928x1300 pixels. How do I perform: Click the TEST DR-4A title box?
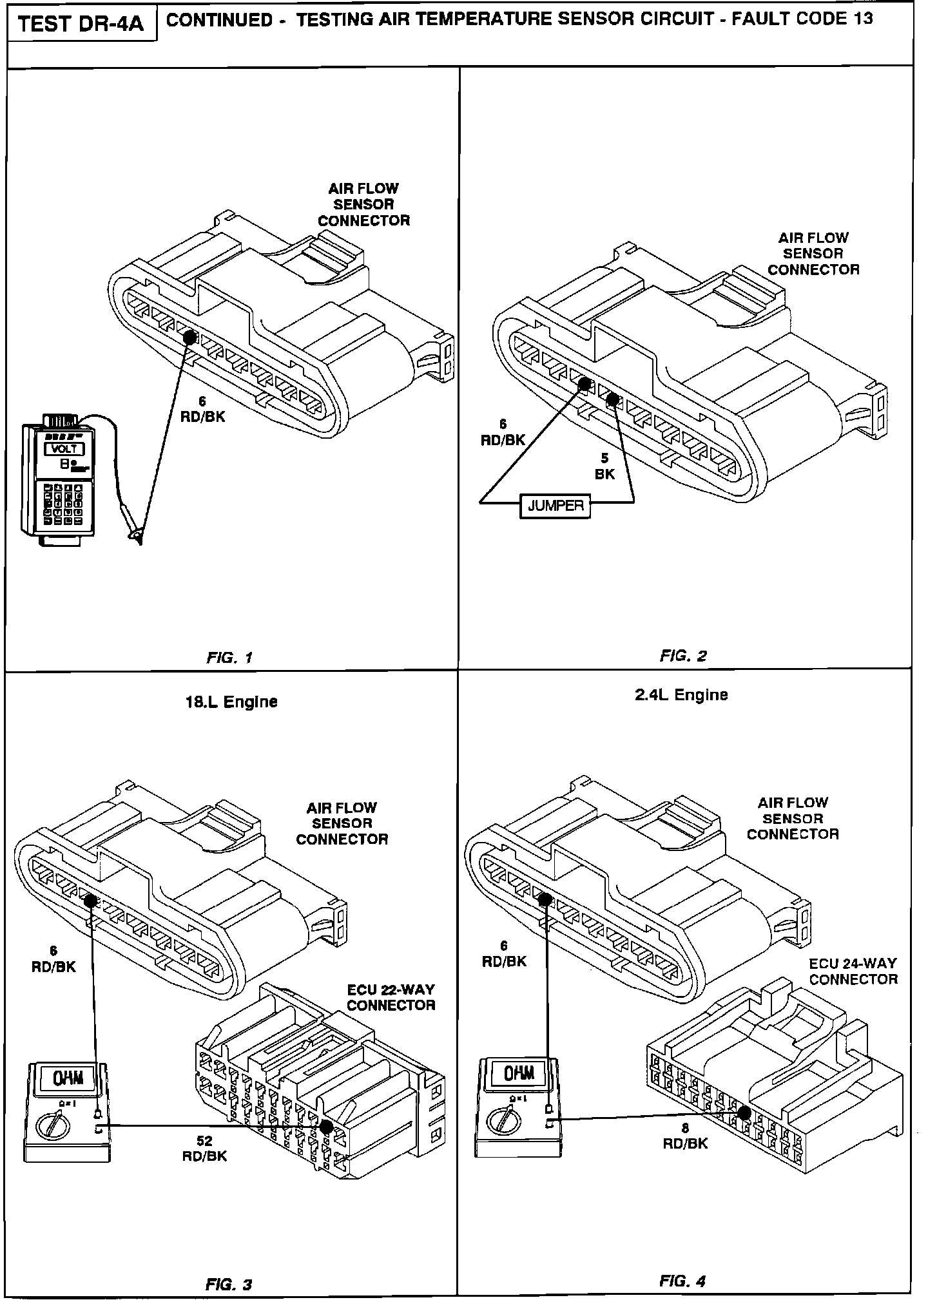(81, 24)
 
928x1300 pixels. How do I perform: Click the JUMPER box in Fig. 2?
(555, 506)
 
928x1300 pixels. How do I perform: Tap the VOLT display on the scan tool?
(64, 449)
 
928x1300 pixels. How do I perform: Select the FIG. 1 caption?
(229, 658)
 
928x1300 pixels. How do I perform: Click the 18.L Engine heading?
(231, 702)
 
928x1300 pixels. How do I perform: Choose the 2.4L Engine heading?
(681, 695)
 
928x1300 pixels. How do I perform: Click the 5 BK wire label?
(604, 466)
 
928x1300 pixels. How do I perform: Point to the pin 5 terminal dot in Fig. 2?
(612, 400)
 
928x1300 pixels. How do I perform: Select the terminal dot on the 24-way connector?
(744, 1111)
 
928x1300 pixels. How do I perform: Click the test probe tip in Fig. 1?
(135, 536)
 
